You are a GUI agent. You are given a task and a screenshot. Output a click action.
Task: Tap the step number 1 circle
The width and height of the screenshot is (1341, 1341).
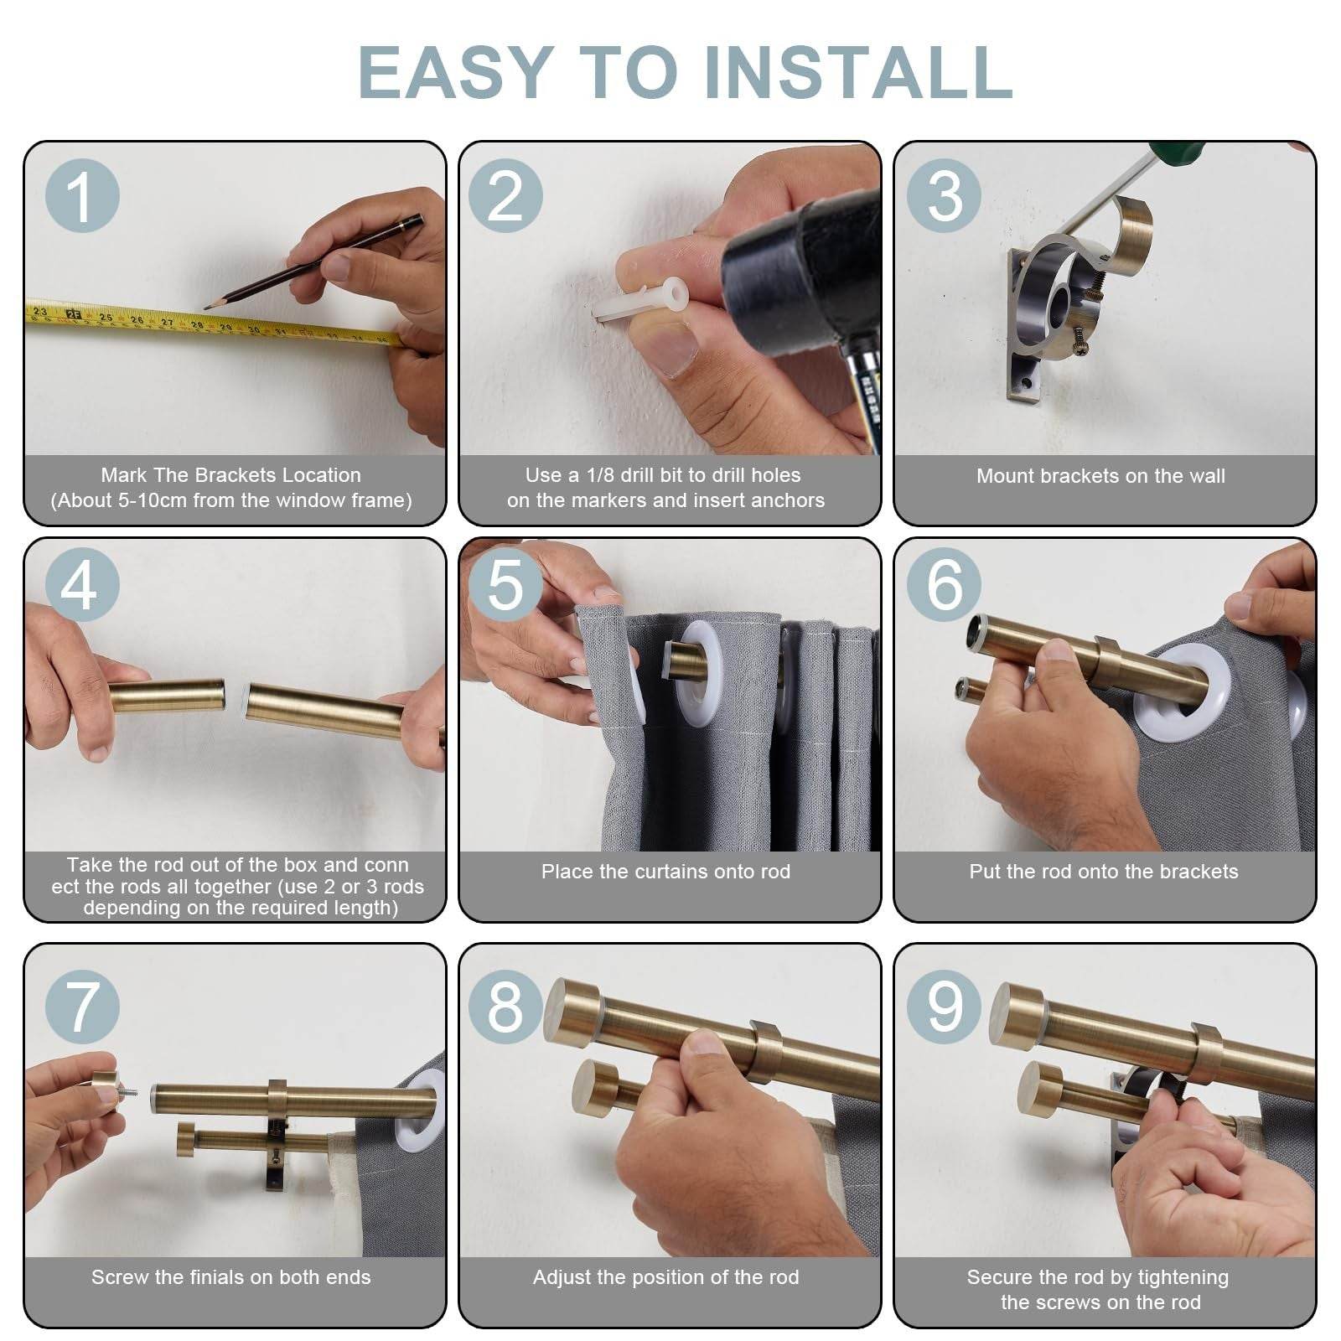[81, 196]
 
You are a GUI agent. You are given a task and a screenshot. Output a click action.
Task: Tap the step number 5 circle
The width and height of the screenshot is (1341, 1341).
[505, 584]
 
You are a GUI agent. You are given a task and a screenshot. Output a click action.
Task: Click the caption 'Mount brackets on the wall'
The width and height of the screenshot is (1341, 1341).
[1100, 476]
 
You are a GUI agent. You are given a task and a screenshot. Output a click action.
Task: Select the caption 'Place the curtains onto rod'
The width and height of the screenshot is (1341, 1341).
[665, 872]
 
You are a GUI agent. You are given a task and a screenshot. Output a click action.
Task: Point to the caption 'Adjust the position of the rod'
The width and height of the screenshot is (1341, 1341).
[665, 1277]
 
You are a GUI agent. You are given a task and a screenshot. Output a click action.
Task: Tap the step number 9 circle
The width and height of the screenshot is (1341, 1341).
[945, 1006]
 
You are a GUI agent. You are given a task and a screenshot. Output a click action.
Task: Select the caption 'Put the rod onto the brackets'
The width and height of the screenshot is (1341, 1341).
[1103, 872]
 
